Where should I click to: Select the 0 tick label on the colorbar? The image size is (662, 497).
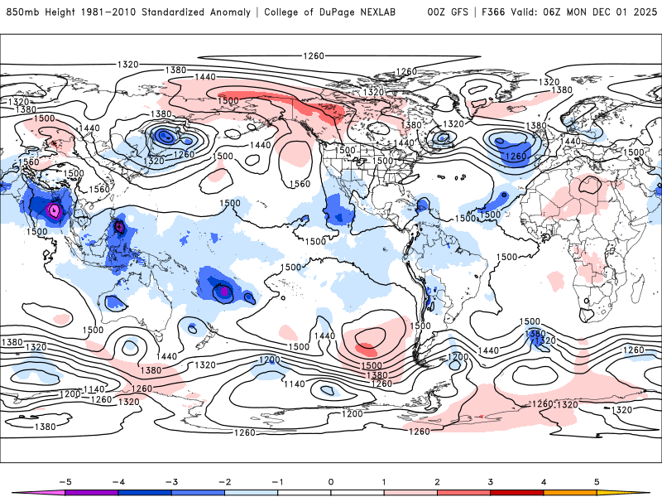(x=330, y=480)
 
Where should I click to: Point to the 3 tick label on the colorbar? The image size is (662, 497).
(x=491, y=480)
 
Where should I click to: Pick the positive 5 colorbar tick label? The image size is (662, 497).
(x=597, y=480)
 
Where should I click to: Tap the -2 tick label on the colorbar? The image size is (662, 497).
(x=224, y=480)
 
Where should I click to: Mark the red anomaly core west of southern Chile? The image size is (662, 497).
(x=367, y=340)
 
